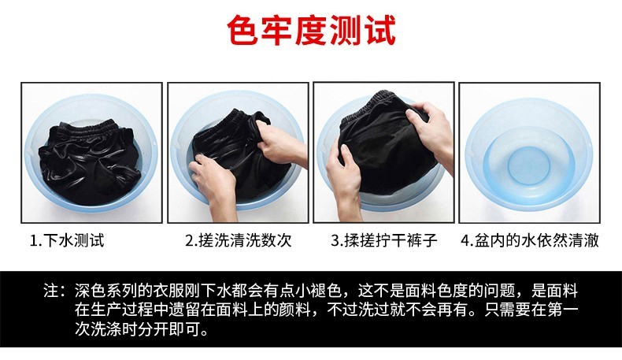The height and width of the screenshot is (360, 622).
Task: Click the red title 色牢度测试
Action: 312,30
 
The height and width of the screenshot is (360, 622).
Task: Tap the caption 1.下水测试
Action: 67,240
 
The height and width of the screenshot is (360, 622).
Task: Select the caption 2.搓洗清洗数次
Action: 239,240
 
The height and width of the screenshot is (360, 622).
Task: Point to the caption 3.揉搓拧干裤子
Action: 384,240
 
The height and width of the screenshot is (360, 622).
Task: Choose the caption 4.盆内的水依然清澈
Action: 530,240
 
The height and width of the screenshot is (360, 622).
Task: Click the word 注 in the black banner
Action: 51,291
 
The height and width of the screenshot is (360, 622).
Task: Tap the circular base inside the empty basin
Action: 529,165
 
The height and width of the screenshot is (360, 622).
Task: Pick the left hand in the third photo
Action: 343,174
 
